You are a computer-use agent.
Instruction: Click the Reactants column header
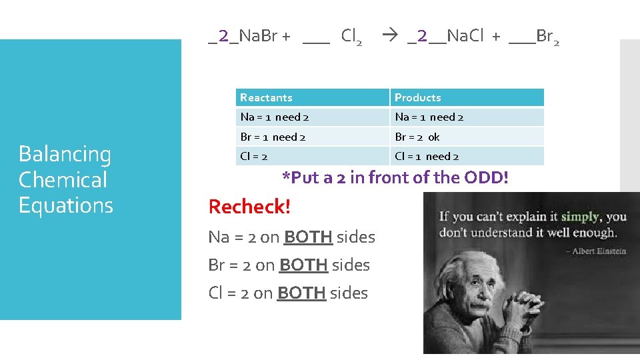[x=267, y=98]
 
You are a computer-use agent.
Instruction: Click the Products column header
[x=418, y=98]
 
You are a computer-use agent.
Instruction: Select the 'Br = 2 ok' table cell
[x=417, y=137]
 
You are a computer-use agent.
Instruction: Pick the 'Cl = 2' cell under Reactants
[x=254, y=157]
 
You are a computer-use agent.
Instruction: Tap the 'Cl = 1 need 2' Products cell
[x=427, y=157]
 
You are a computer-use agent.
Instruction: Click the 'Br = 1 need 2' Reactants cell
[x=273, y=137]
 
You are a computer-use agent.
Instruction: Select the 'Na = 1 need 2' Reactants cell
[x=274, y=117]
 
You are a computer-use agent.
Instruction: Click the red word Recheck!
[x=249, y=207]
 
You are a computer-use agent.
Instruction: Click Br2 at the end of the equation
[x=547, y=37]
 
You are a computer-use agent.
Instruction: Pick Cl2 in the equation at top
[x=351, y=37]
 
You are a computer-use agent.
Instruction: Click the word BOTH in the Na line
[x=308, y=237]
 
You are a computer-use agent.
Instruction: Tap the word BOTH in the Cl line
[x=301, y=293]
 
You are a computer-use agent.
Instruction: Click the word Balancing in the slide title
[x=65, y=154]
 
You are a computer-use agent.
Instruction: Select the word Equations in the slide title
[x=66, y=205]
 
